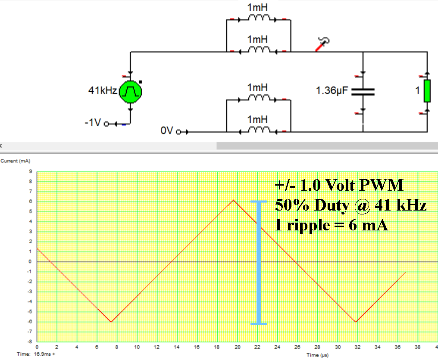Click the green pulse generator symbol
[x=130, y=91]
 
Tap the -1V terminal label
[x=93, y=123]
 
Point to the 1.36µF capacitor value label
[x=332, y=91]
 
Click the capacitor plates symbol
[x=363, y=91]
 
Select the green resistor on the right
[x=427, y=91]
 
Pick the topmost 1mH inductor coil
[x=258, y=19]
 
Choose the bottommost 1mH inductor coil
[x=258, y=130]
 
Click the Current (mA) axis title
[x=15, y=161]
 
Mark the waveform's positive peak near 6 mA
[x=233, y=200]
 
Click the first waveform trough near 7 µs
[x=111, y=322]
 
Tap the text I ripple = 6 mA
[x=332, y=224]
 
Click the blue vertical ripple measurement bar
[x=259, y=262]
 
